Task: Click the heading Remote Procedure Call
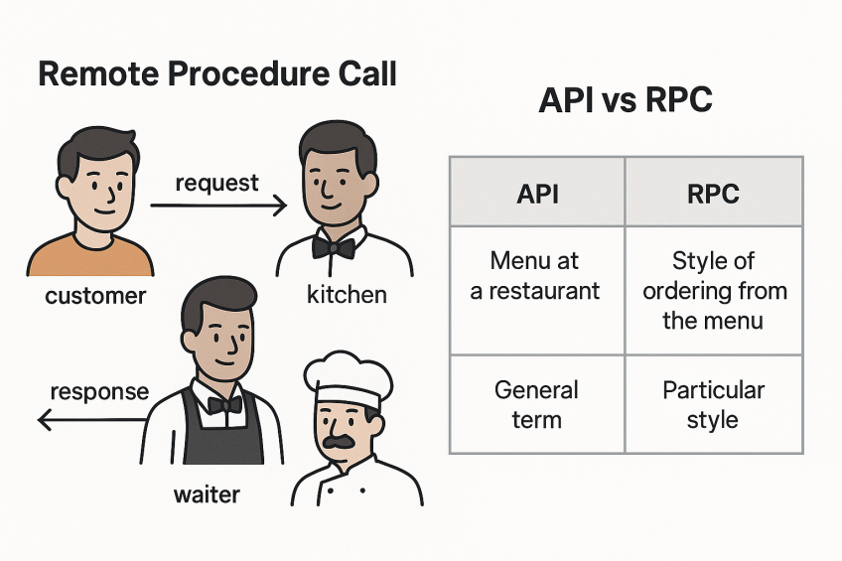point(216,74)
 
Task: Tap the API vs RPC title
point(626,102)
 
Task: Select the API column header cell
point(537,193)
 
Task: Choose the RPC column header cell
point(713,193)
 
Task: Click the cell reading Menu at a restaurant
point(537,276)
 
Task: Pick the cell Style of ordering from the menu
point(713,291)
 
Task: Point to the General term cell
point(537,403)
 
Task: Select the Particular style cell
point(713,403)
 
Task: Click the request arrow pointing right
point(218,206)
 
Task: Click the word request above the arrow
point(216,183)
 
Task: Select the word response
point(98,391)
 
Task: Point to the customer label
point(95,296)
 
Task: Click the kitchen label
point(347,296)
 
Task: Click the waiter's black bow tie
point(224,404)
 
